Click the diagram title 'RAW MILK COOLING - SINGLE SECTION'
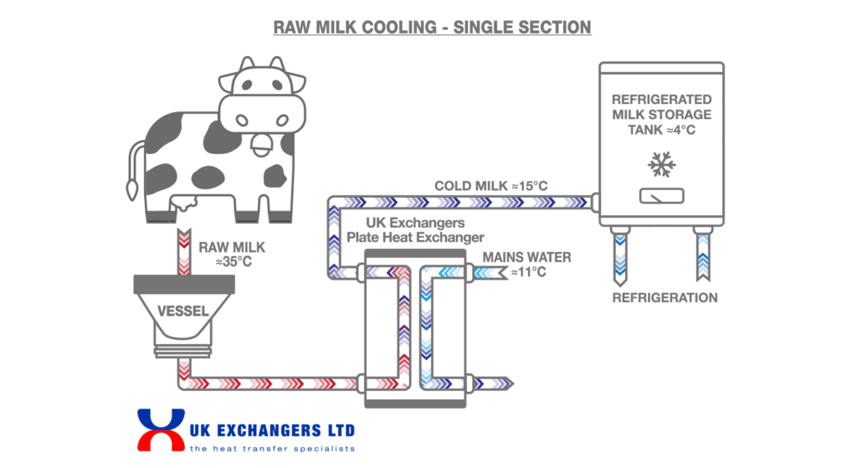tap(432, 27)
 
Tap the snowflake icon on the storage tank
tap(661, 166)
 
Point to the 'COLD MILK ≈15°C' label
tap(490, 186)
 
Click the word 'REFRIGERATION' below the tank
tap(665, 298)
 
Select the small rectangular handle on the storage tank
tap(661, 196)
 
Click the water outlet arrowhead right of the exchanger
tap(507, 383)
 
